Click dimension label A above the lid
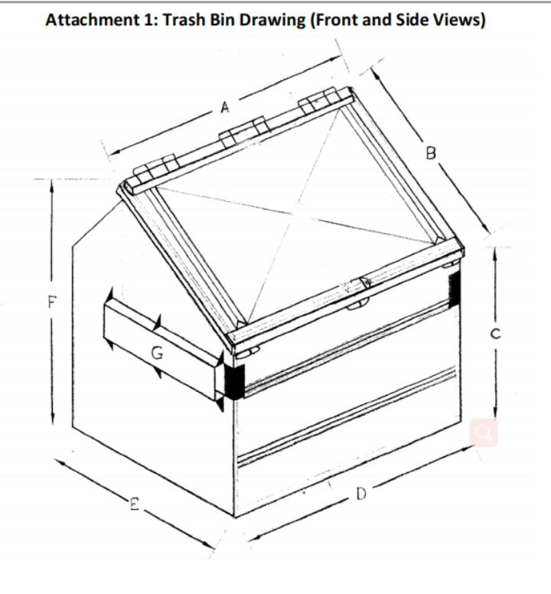225,108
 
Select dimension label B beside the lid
431,153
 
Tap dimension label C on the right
495,334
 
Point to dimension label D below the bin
362,494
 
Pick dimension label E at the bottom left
135,504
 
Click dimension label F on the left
52,302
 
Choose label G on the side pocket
157,354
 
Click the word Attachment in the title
93,20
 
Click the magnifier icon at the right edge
484,432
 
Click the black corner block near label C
454,290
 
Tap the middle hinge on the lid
244,132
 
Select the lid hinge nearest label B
325,100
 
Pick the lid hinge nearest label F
156,169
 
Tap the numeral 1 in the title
148,20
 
